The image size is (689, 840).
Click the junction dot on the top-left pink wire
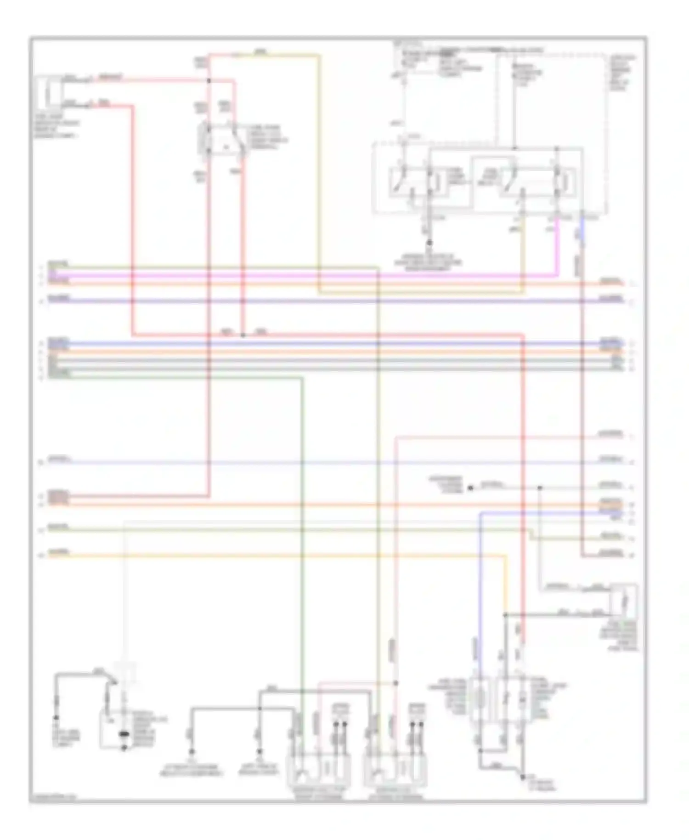pos(209,81)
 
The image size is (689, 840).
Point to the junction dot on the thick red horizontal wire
pos(243,335)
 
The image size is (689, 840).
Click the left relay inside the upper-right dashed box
pos(416,182)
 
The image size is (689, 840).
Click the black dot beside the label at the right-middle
pos(470,488)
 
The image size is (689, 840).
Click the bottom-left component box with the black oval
pos(123,730)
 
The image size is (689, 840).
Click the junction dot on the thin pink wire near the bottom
pos(396,683)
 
